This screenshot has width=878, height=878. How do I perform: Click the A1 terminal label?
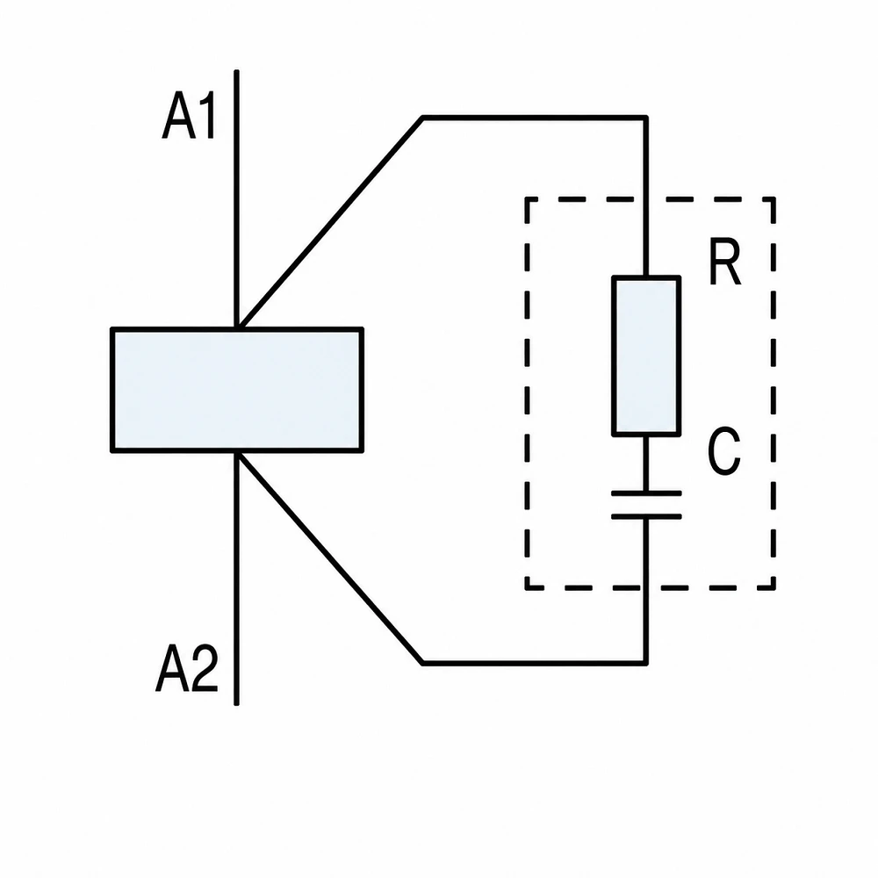click(189, 115)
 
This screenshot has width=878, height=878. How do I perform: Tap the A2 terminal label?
click(186, 667)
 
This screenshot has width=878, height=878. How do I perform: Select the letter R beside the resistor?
click(725, 262)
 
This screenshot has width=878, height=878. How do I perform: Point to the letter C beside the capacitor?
click(724, 450)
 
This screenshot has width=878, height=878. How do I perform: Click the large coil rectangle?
click(237, 390)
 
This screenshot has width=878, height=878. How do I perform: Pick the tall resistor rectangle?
click(646, 356)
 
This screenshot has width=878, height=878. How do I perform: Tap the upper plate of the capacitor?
click(646, 493)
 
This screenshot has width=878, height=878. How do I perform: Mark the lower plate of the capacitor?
click(646, 516)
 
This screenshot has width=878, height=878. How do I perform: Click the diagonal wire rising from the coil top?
click(331, 222)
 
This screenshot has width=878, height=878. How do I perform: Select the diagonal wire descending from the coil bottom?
click(330, 558)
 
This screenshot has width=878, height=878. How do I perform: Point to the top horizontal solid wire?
click(534, 119)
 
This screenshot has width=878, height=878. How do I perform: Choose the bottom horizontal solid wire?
click(534, 663)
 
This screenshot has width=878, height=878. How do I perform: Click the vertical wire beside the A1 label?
click(236, 198)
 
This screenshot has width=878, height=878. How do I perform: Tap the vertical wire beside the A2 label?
click(236, 579)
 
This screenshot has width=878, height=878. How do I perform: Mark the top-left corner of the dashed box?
click(527, 198)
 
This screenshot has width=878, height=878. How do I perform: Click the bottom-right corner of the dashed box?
click(774, 588)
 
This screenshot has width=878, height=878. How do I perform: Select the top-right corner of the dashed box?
click(774, 198)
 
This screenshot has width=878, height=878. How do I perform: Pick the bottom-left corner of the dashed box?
click(527, 588)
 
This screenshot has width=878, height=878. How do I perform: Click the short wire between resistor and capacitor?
click(646, 464)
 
